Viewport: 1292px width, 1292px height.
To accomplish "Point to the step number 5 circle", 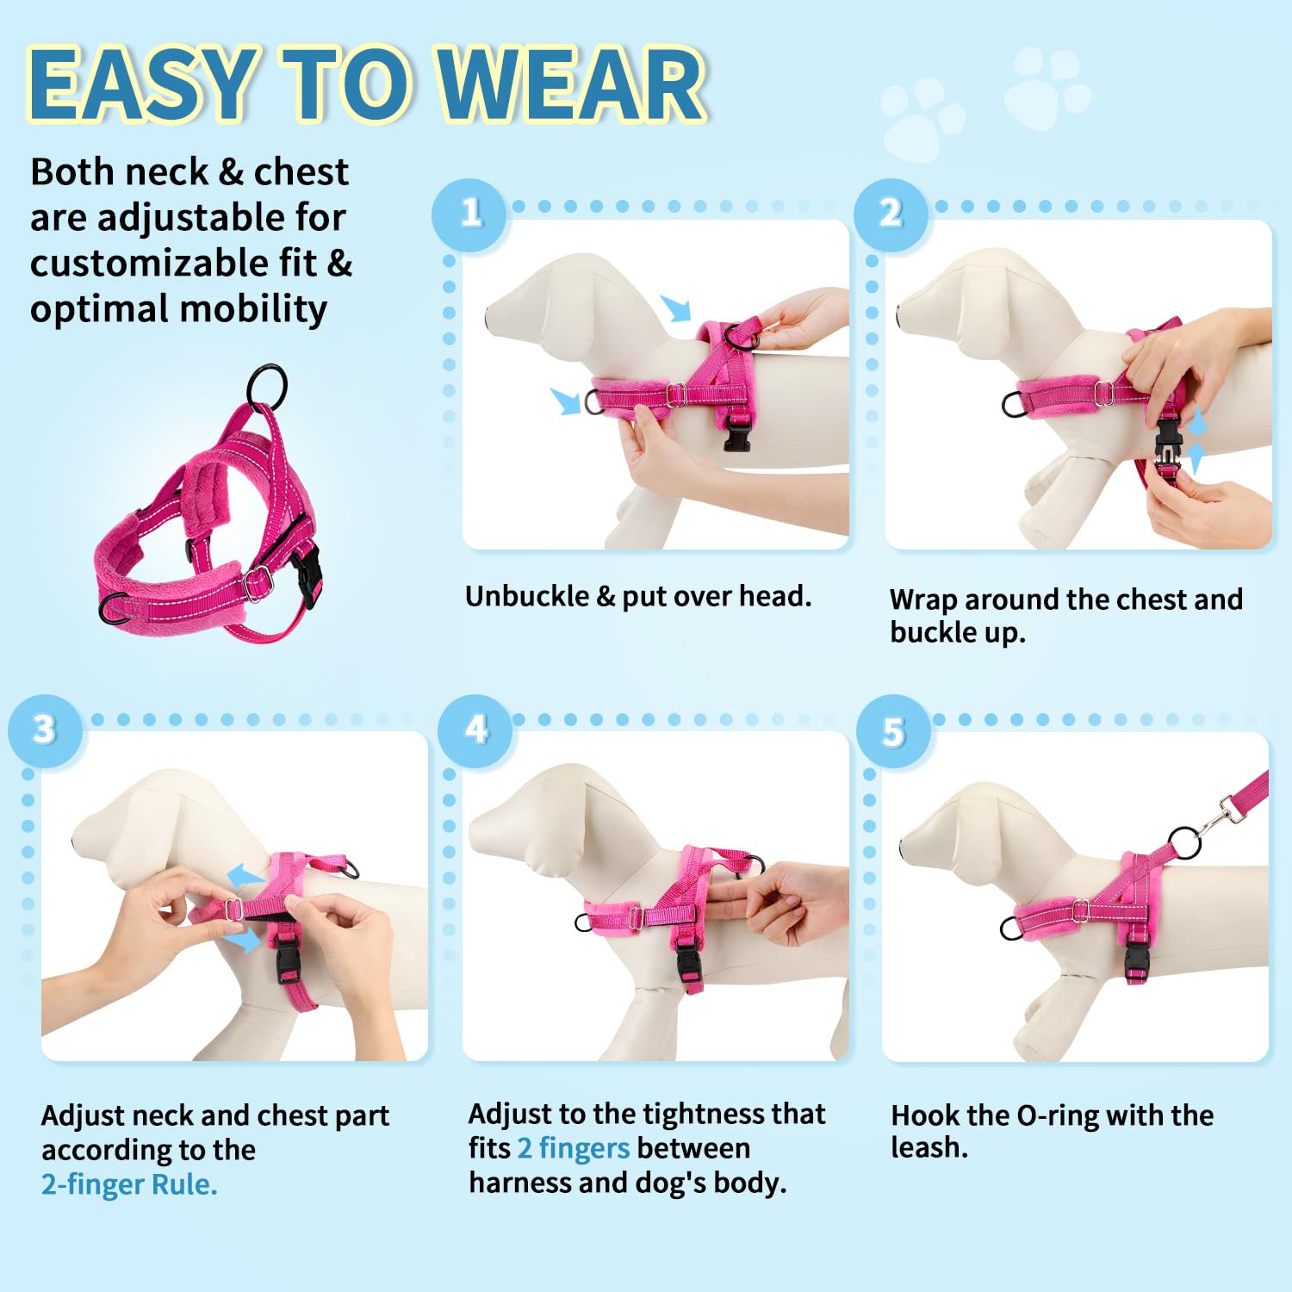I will pos(893,732).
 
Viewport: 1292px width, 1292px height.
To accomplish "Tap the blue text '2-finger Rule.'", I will pos(129,1184).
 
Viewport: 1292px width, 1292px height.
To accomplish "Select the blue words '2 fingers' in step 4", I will pos(573,1148).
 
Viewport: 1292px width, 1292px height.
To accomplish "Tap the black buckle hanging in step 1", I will pos(737,431).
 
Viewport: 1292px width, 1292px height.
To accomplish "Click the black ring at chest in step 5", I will pos(1011,928).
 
